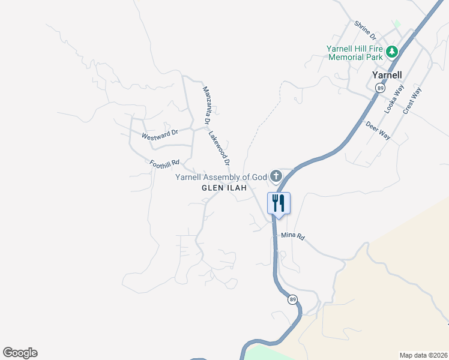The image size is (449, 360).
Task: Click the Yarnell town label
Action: [387, 75]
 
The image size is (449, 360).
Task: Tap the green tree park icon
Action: [392, 52]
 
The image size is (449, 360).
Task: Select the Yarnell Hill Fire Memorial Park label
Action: [355, 53]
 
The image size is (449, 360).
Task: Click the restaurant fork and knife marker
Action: [278, 203]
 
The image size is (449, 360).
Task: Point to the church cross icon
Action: [276, 176]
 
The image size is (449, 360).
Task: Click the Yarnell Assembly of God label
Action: [220, 177]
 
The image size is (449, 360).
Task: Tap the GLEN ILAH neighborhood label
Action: [224, 188]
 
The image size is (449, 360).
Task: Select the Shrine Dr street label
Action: [364, 28]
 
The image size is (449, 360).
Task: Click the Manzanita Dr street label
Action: [206, 106]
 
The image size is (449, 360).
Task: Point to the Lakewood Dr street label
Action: [220, 149]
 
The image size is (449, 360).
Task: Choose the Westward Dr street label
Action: [160, 134]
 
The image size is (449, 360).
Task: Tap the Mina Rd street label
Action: [293, 236]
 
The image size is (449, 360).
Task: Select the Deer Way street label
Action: [378, 130]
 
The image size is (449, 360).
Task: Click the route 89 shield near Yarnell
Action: [380, 88]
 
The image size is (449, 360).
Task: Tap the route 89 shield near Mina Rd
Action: [292, 299]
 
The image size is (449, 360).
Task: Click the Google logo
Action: [20, 353]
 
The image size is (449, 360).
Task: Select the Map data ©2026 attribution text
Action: [423, 355]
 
